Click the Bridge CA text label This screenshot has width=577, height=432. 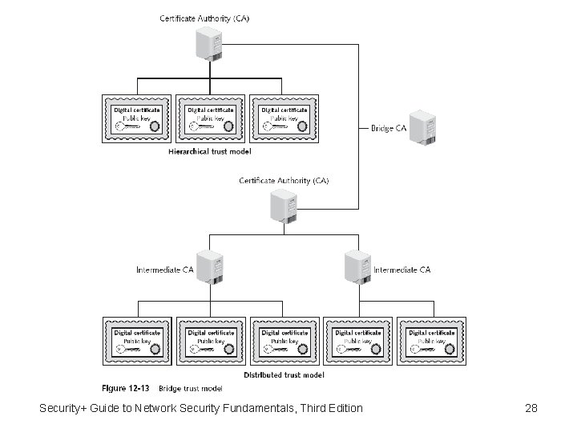tap(387, 127)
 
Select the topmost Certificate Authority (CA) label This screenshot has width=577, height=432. tap(204, 18)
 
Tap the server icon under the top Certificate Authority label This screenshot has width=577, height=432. tap(209, 44)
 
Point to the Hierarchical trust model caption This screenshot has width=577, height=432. tap(210, 150)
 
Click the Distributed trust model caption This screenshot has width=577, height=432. tap(284, 374)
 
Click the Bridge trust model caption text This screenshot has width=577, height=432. tap(190, 388)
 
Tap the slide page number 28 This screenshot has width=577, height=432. tap(531, 409)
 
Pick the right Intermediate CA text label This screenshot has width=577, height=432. tap(401, 270)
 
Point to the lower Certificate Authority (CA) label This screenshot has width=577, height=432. tap(284, 181)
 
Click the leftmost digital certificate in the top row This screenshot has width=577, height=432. tap(137, 119)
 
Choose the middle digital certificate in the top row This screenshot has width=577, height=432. tap(210, 119)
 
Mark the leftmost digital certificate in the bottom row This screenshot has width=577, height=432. tap(137, 342)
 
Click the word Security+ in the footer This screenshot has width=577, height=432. tap(68, 409)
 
